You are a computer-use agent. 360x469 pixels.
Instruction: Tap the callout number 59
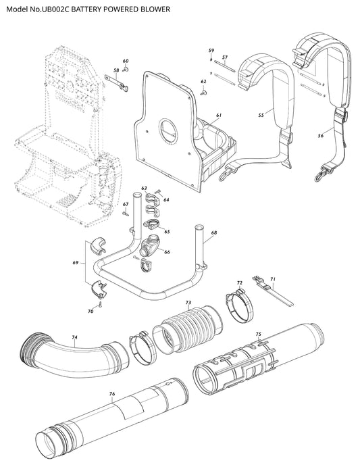(x=211, y=50)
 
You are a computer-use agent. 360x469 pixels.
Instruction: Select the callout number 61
(x=219, y=115)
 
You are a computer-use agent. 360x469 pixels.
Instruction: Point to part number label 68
(x=214, y=232)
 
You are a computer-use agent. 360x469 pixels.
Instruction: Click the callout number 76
(x=112, y=394)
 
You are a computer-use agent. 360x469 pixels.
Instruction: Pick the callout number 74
(x=74, y=337)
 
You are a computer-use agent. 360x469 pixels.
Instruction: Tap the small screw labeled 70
(x=101, y=305)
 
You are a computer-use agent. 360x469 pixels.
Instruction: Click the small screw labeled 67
(x=125, y=214)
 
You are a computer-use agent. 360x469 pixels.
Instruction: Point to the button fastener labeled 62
(x=204, y=92)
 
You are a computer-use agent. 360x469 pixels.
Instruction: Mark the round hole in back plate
(x=168, y=130)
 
